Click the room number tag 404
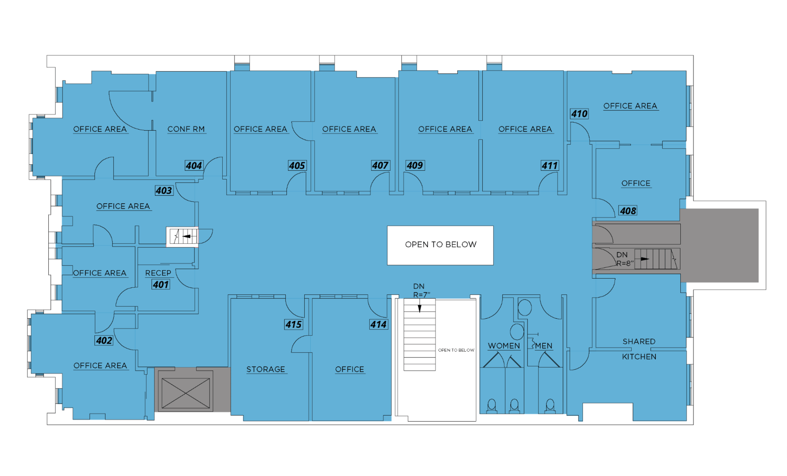[194, 166]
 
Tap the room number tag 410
[579, 114]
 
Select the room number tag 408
[628, 211]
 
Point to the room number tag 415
[293, 325]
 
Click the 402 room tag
[104, 341]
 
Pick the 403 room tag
[164, 190]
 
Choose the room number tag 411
[550, 166]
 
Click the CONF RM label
[186, 129]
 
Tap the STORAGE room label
[266, 369]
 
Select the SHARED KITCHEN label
[639, 349]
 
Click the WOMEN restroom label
[504, 346]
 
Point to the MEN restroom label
[544, 346]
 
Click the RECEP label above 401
[158, 273]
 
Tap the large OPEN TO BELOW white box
[440, 245]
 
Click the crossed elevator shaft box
[186, 393]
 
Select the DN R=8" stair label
[625, 259]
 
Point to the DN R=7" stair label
[421, 291]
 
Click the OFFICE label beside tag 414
[350, 369]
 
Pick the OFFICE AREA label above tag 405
[260, 129]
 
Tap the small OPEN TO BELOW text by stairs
[456, 350]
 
